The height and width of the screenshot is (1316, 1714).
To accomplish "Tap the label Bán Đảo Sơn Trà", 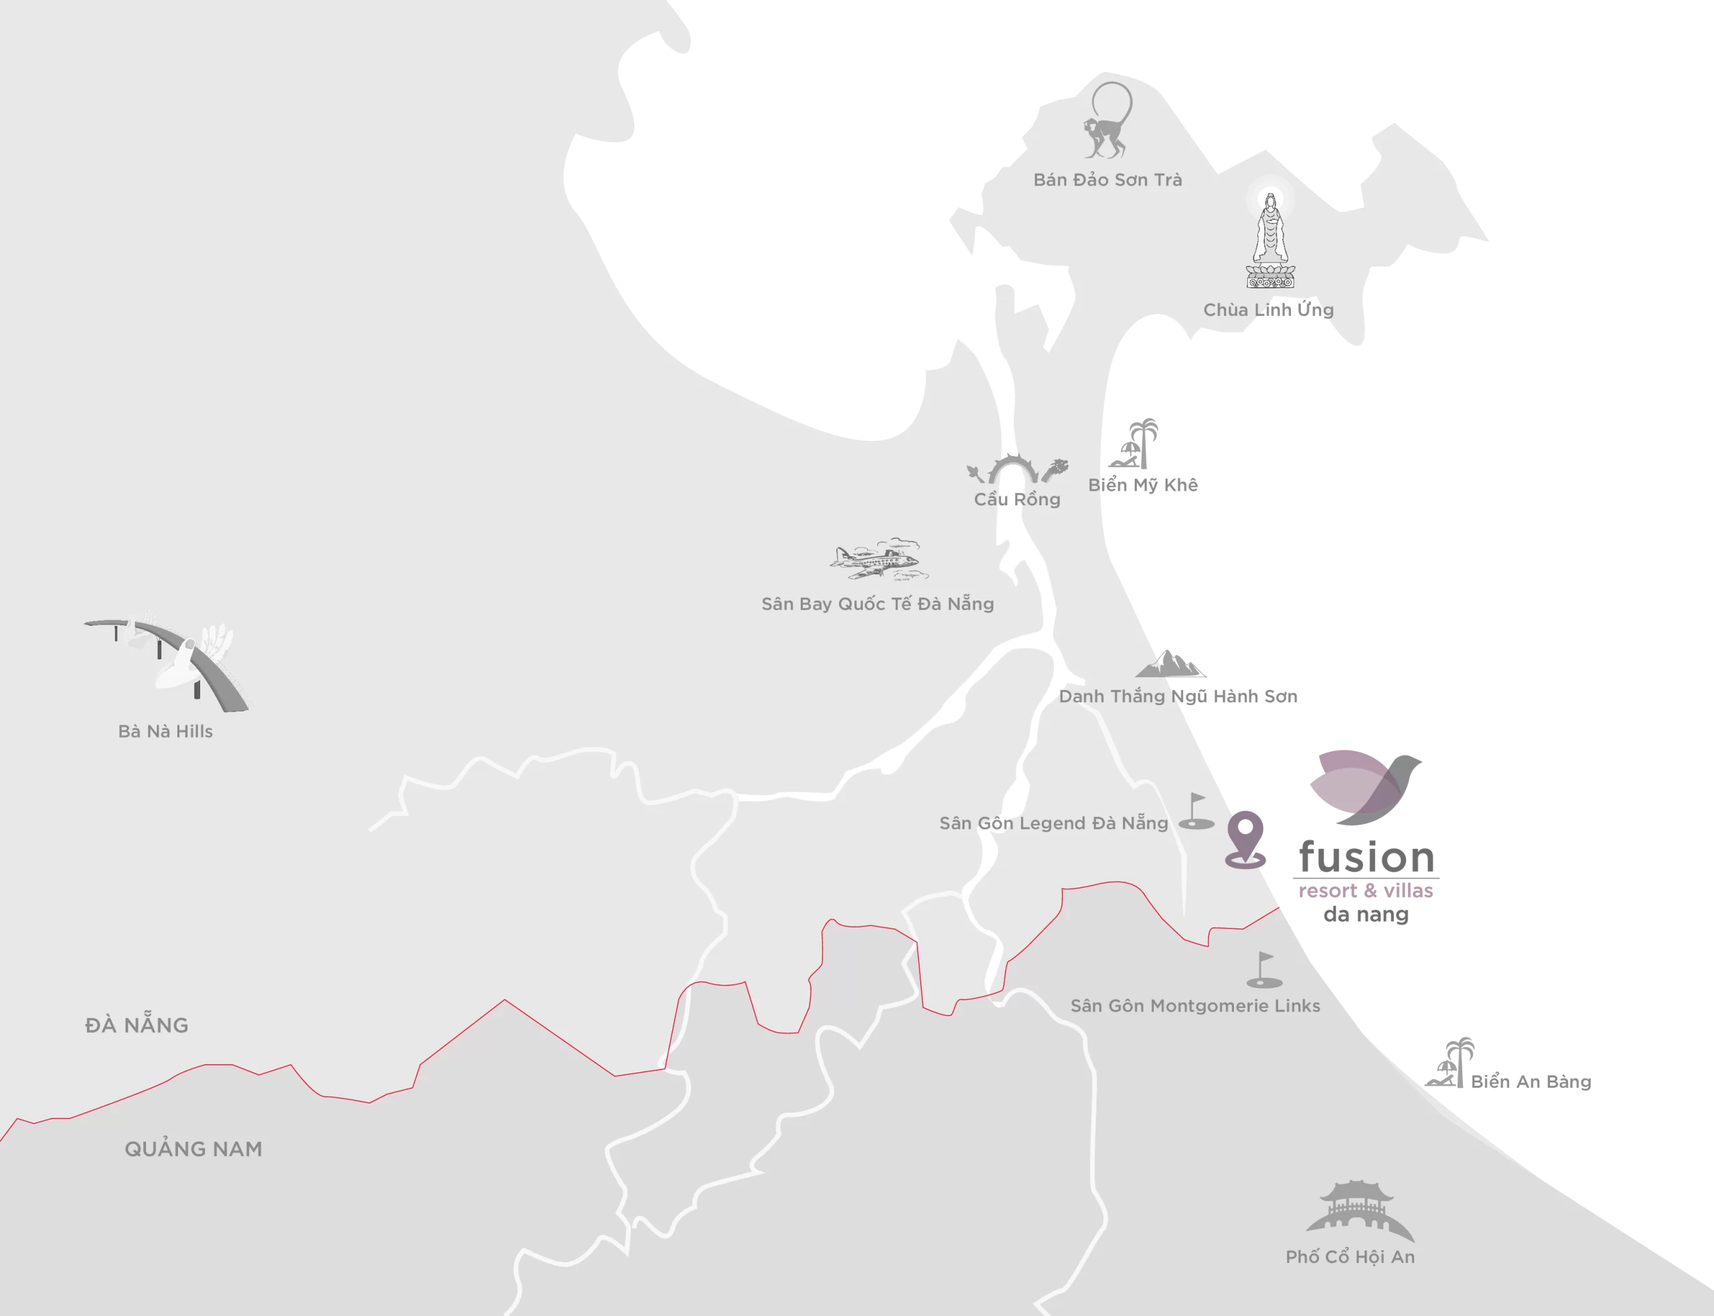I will [x=1107, y=180].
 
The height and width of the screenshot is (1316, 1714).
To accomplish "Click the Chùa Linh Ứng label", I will [x=1267, y=310].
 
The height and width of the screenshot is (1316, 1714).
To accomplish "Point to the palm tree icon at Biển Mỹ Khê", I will [x=1138, y=444].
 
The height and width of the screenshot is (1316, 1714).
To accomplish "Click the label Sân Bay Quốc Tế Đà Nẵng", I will [x=877, y=604].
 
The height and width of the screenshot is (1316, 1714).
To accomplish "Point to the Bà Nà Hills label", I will [x=165, y=732].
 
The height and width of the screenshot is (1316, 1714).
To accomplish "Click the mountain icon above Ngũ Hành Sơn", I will [x=1171, y=663].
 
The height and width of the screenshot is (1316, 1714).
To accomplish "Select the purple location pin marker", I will [x=1245, y=839].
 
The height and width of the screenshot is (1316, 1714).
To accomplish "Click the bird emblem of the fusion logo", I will [x=1367, y=787].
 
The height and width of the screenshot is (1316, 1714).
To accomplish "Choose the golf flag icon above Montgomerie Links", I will [x=1263, y=971].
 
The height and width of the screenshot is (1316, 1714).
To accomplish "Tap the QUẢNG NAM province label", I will [x=193, y=1149].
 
